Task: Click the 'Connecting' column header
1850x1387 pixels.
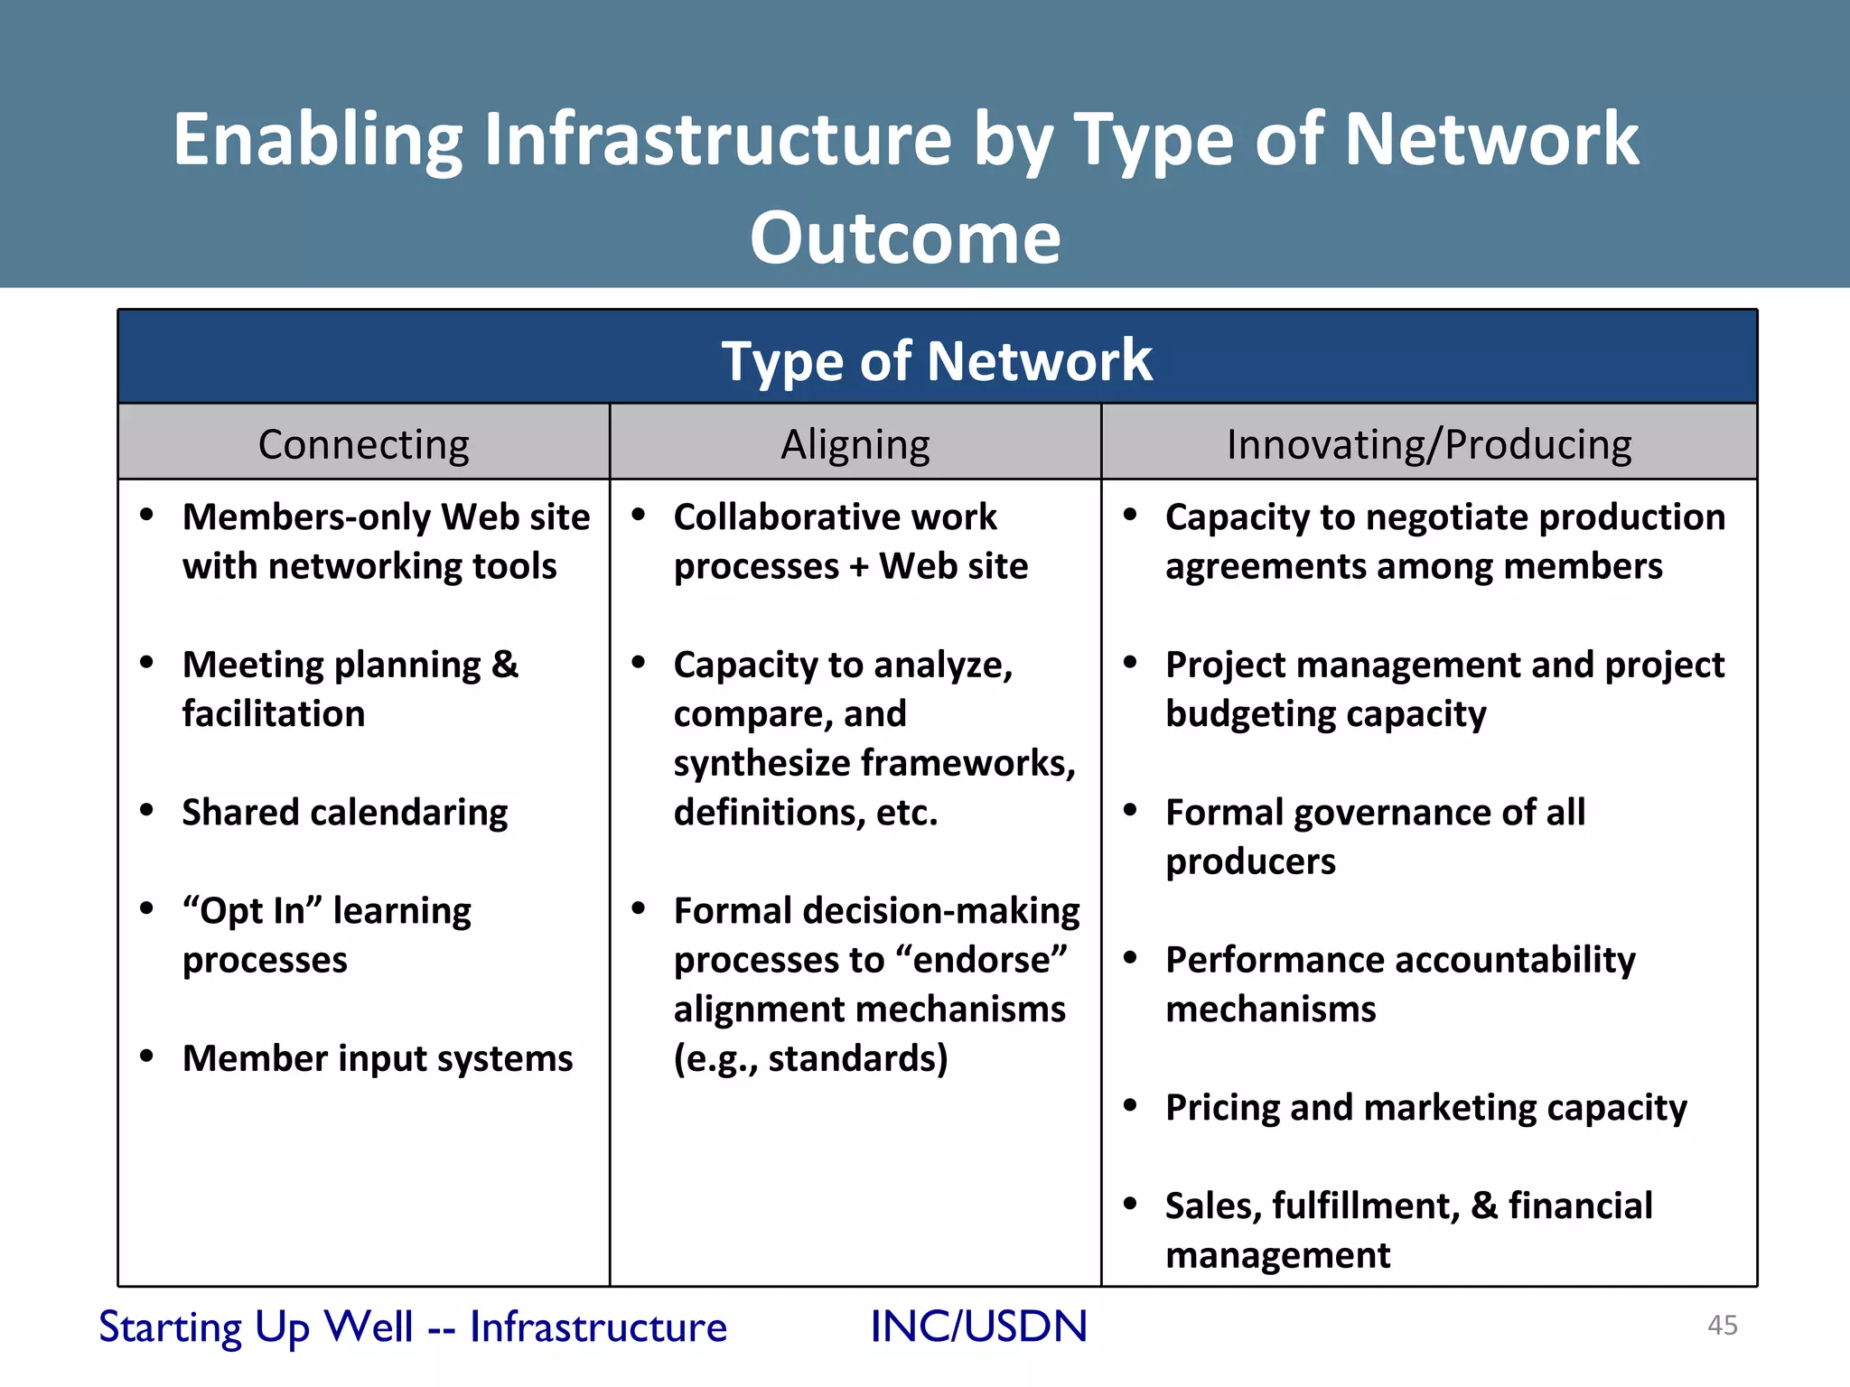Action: pyautogui.click(x=363, y=444)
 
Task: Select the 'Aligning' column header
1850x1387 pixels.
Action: pyautogui.click(x=855, y=444)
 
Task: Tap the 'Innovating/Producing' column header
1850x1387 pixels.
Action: pyautogui.click(x=1428, y=444)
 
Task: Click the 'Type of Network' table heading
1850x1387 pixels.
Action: pyautogui.click(x=936, y=360)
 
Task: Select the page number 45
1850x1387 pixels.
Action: pyautogui.click(x=1722, y=1325)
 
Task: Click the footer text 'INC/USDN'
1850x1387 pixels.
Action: pyautogui.click(x=978, y=1326)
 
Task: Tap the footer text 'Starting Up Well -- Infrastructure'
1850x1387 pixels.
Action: pyautogui.click(x=413, y=1326)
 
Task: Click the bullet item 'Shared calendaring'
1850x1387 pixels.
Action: pyautogui.click(x=344, y=812)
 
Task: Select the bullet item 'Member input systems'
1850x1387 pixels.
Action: pyautogui.click(x=377, y=1058)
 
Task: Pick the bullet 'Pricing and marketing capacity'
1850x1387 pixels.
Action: pyautogui.click(x=1425, y=1108)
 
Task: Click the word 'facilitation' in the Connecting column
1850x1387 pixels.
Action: pyautogui.click(x=274, y=713)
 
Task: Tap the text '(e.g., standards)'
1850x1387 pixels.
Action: pyautogui.click(x=810, y=1058)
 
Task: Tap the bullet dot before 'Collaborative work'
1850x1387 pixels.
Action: pyautogui.click(x=639, y=515)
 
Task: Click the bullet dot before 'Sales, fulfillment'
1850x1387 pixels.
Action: pyautogui.click(x=1130, y=1203)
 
